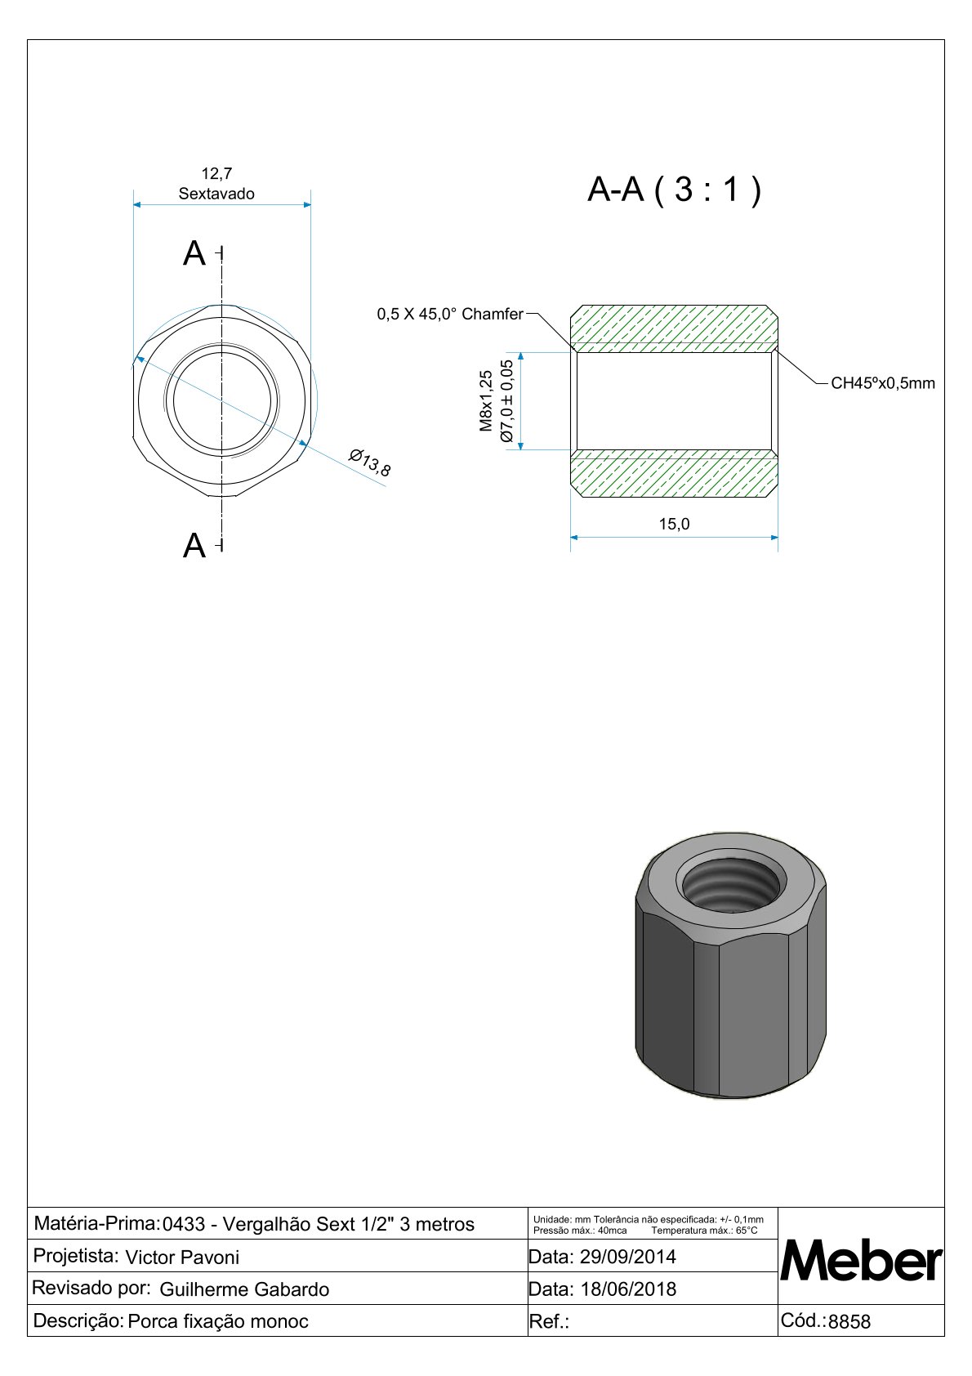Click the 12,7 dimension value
pos(216,173)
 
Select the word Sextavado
pos(216,194)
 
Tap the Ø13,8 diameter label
pos(369,462)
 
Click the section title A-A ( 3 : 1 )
pos(674,190)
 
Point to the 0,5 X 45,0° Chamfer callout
pos(449,314)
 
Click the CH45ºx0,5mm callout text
pos(882,383)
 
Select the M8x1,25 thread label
pos(487,400)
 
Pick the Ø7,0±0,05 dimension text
pos(506,400)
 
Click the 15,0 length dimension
pos(674,524)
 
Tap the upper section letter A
pos(194,254)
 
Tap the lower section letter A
pos(194,546)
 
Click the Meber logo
pos(861,1262)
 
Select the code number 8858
pos(849,1321)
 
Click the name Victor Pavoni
pos(182,1257)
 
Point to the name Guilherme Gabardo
pos(244,1289)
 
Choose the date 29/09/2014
pos(627,1256)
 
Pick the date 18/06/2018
pos(627,1289)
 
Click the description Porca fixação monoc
pos(218,1321)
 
